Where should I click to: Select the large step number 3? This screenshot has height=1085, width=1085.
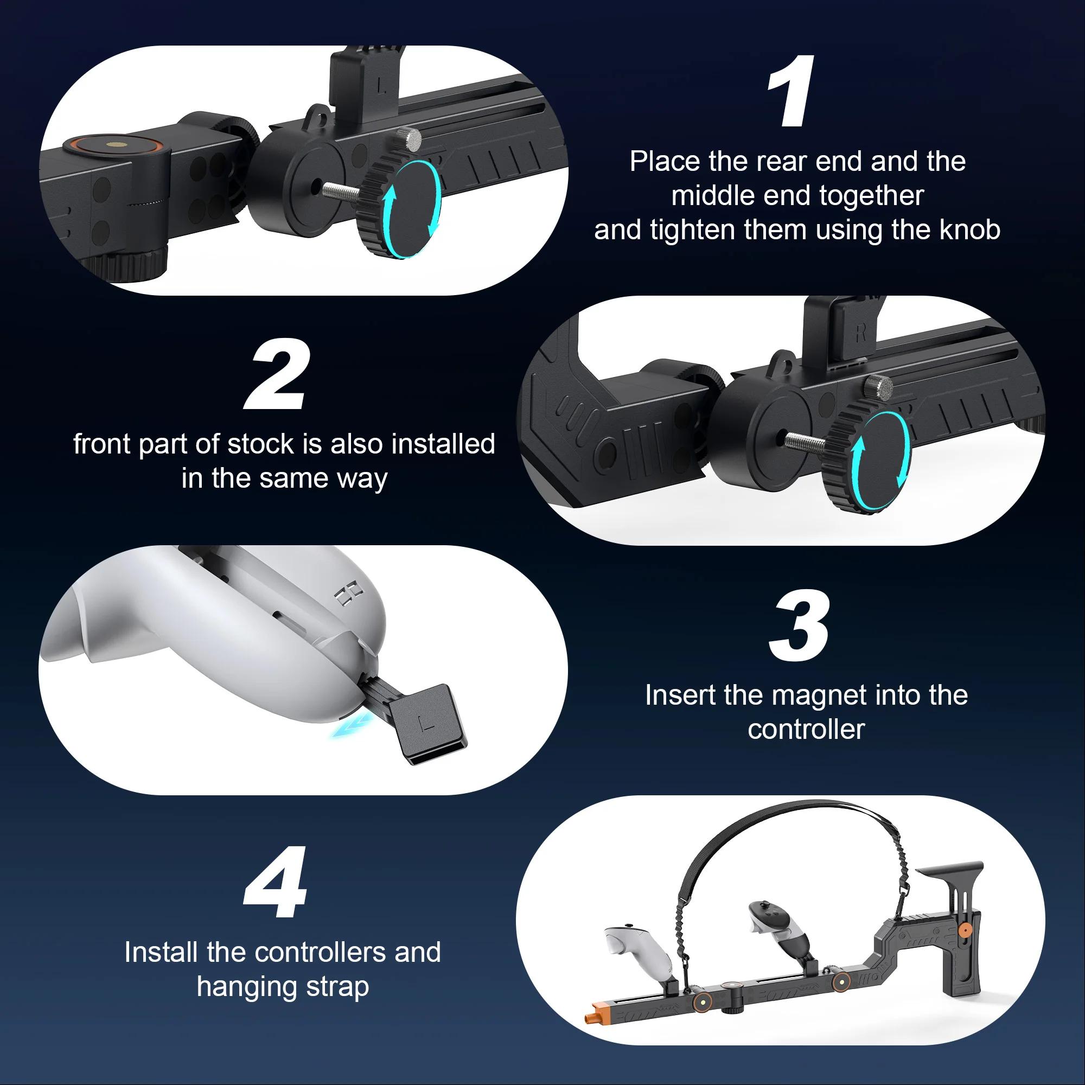pyautogui.click(x=799, y=626)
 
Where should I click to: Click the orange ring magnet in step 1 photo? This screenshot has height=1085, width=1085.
pyautogui.click(x=116, y=145)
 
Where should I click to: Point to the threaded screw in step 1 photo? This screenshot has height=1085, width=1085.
pyautogui.click(x=341, y=191)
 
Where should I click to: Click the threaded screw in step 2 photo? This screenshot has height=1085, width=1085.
pyautogui.click(x=805, y=442)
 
